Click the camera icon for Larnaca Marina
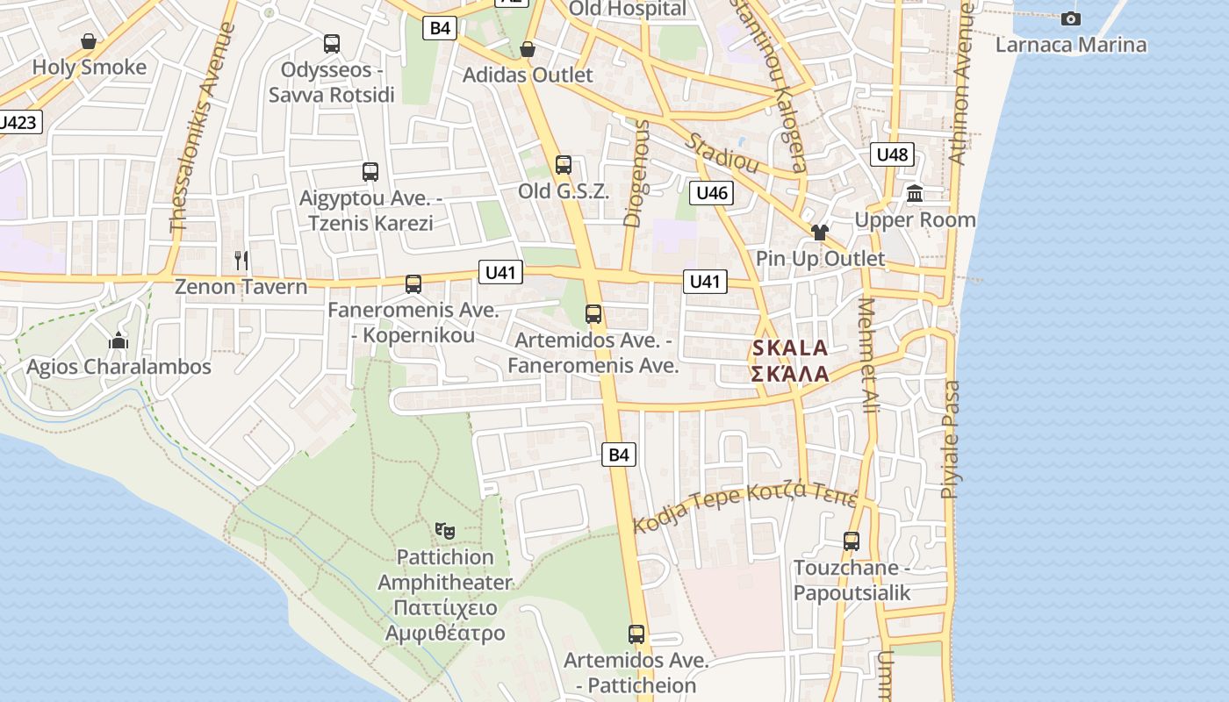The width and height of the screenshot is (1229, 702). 1070,18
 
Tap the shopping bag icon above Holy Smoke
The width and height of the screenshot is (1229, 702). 88,41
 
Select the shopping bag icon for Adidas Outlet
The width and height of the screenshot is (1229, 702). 528,49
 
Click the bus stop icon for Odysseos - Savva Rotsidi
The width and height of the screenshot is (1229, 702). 332,43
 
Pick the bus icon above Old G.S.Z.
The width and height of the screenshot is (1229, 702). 564,164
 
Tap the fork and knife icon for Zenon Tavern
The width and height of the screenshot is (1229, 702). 241,260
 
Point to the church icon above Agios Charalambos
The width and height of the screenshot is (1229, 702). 119,340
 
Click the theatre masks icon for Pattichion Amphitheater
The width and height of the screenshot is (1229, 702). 445,530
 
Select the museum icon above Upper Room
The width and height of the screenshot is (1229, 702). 915,193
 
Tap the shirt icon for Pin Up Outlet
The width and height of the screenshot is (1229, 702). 819,233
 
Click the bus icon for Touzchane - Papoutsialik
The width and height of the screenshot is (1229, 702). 851,541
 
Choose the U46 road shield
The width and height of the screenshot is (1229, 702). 711,193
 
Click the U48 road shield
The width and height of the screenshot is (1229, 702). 892,155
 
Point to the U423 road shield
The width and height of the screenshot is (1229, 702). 18,122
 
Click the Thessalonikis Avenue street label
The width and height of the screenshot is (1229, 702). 203,127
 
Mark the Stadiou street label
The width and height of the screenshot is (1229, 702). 723,151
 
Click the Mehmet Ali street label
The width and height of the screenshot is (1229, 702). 868,355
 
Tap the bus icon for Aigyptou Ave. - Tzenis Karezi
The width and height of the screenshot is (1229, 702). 370,172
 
